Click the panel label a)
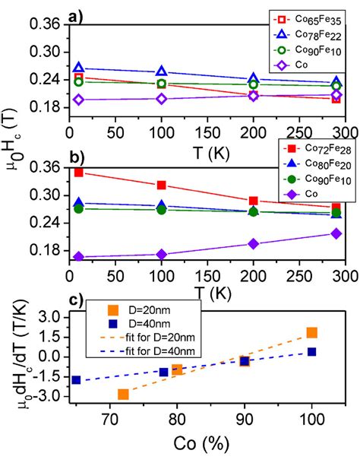coord(76,12)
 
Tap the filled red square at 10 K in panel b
coord(79,173)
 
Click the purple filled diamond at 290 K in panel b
coord(336,233)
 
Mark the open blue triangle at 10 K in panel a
coord(79,69)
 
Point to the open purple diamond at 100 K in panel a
coord(160,98)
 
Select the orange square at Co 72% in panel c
coord(123,394)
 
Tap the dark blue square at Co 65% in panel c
coord(76,379)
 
